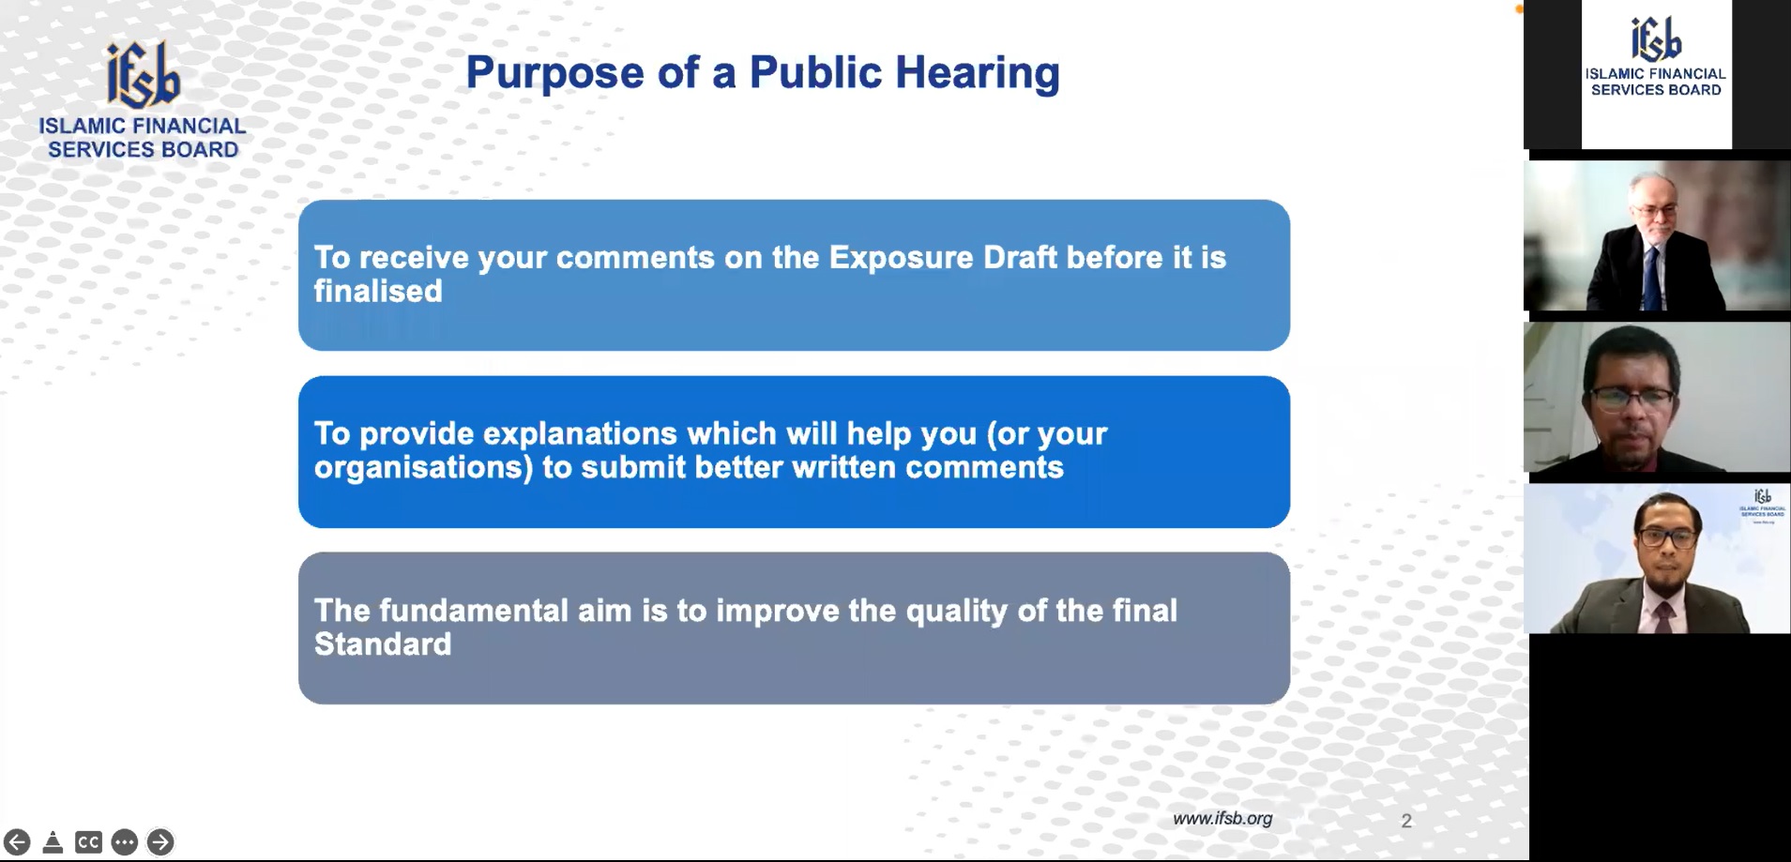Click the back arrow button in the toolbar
tap(17, 841)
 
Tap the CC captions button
tap(88, 841)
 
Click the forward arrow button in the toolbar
tap(160, 841)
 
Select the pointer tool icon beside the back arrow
tap(53, 841)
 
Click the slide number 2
tap(1406, 821)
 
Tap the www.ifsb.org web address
tap(1222, 818)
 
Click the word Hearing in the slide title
tap(977, 73)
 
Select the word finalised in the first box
tap(378, 291)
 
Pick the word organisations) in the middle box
tap(423, 467)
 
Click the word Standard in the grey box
tap(383, 644)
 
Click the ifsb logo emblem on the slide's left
tap(143, 74)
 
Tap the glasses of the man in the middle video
tap(1631, 399)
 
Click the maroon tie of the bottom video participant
tap(1663, 617)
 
